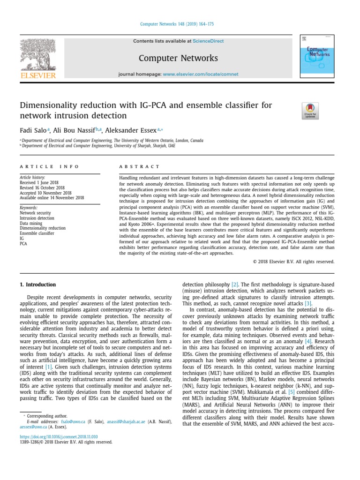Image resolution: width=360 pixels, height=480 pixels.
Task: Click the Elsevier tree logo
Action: pyautogui.click(x=38, y=55)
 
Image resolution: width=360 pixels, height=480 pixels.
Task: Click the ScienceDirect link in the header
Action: pyautogui.click(x=210, y=41)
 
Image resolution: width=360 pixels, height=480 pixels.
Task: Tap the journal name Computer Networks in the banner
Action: pyautogui.click(x=178, y=58)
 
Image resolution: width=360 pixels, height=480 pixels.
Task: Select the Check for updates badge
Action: pyautogui.click(x=310, y=111)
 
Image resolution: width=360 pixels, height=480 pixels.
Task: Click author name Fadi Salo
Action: pyautogui.click(x=32, y=130)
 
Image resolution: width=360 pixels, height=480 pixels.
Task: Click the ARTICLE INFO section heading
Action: pyautogui.click(x=49, y=166)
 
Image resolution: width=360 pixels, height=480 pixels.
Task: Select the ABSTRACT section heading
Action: pyautogui.click(x=139, y=166)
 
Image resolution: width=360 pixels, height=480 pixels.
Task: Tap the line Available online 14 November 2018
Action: pyautogui.click(x=52, y=198)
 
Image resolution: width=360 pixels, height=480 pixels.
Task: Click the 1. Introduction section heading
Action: pyautogui.click(x=37, y=285)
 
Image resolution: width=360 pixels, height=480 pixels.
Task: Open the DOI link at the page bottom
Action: pyautogui.click(x=59, y=436)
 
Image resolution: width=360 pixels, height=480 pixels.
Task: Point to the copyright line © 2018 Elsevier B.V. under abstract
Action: pyautogui.click(x=293, y=262)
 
